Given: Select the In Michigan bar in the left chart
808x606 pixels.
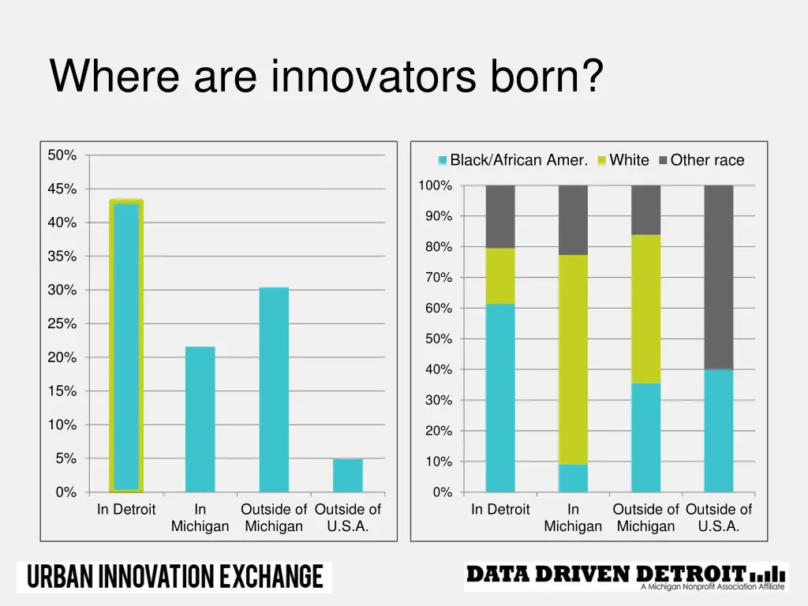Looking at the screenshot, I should point(200,419).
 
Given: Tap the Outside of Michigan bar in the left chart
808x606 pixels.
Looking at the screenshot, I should point(274,390).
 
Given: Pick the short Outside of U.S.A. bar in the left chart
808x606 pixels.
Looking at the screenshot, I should point(347,475).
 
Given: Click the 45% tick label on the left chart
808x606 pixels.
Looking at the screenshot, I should point(62,189).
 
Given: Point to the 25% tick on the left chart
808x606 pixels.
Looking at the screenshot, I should point(62,324).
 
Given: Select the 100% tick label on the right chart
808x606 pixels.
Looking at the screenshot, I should point(436,185).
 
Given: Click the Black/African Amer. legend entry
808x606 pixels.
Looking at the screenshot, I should point(513,160).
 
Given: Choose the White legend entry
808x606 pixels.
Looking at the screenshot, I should point(623,160).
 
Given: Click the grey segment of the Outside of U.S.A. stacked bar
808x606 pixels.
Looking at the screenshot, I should point(718,277).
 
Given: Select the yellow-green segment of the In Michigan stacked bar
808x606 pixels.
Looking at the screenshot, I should point(573,359).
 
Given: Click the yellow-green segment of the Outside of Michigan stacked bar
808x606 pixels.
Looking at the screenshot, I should point(645,309).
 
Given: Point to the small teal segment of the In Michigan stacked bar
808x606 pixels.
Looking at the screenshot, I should point(573,478).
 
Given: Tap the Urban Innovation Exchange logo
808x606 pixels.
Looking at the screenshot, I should point(174,577).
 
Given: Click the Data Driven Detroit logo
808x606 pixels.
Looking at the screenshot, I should point(625,577).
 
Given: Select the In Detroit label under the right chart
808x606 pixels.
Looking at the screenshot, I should point(500,510).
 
